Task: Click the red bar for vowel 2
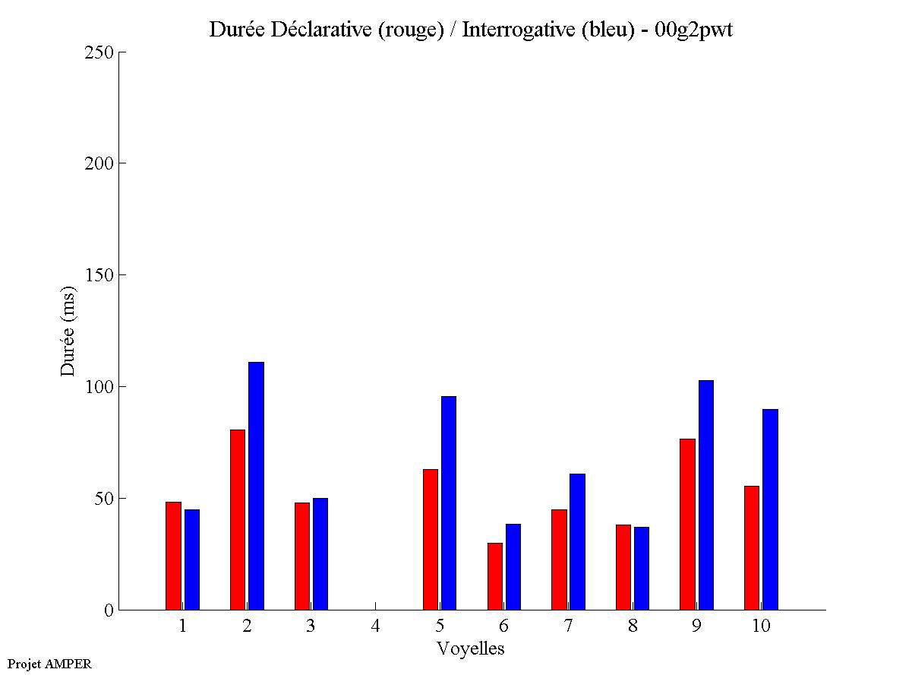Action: click(x=238, y=519)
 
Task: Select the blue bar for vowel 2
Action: click(x=256, y=486)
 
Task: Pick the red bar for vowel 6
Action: click(x=494, y=576)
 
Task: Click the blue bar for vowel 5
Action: click(x=449, y=503)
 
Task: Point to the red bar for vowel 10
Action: click(x=752, y=547)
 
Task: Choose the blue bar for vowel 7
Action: click(x=577, y=541)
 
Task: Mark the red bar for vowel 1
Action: click(x=173, y=556)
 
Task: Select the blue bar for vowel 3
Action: click(x=320, y=553)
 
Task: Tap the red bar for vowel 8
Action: click(x=623, y=567)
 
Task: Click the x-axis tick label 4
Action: click(x=375, y=626)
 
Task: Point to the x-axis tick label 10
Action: click(x=761, y=626)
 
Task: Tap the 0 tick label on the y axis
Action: click(x=109, y=610)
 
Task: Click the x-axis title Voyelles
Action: click(x=470, y=649)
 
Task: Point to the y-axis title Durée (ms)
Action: click(x=68, y=331)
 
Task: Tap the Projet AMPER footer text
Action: click(x=49, y=664)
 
